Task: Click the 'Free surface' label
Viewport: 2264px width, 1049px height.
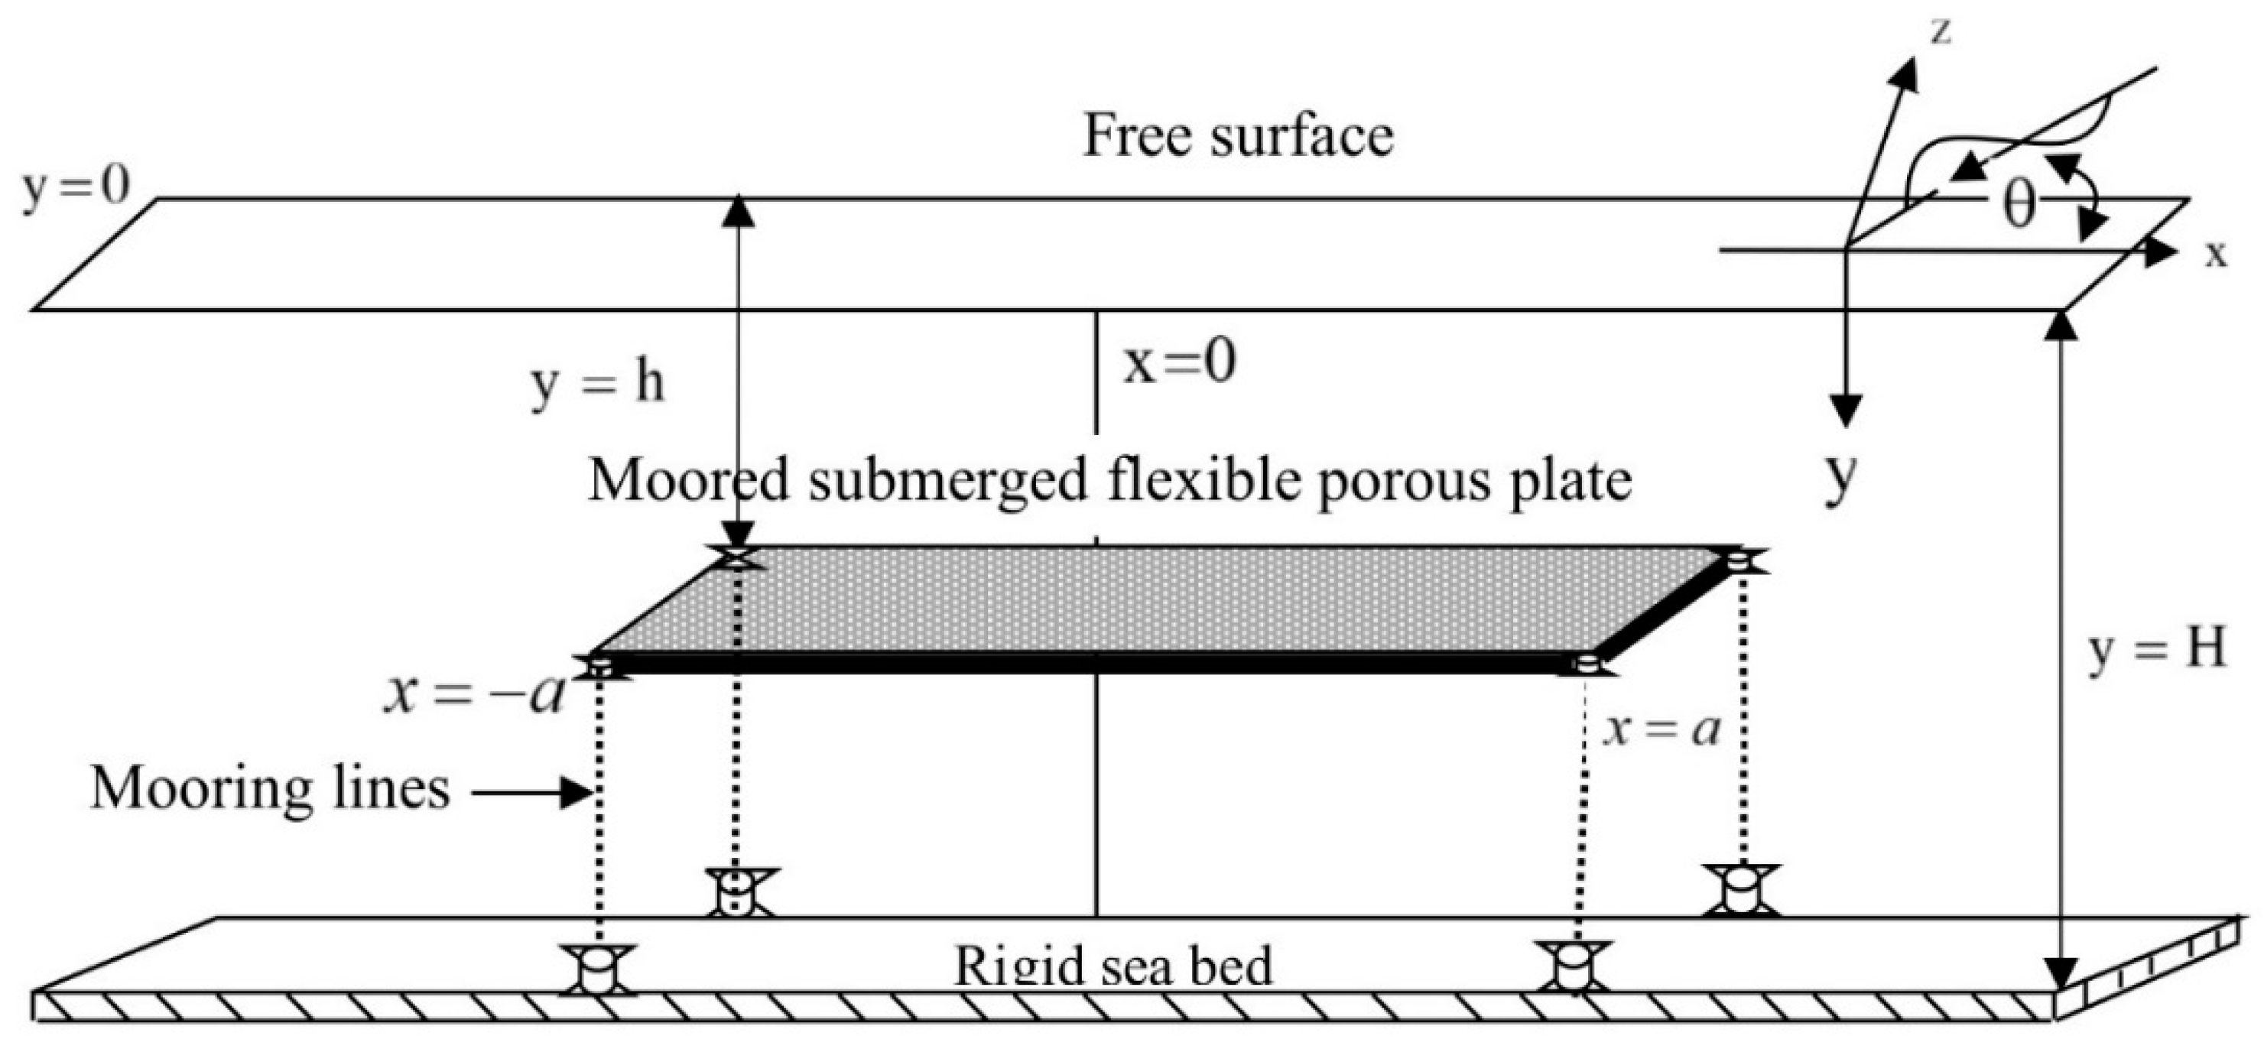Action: pos(1237,138)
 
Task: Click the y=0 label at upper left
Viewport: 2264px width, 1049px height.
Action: pos(76,188)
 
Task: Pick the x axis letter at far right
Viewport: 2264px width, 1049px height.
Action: pos(2216,254)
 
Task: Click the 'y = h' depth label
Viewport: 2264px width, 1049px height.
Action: pos(598,384)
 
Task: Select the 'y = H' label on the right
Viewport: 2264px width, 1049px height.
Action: pos(2157,651)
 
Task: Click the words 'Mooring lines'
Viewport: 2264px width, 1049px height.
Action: pos(271,788)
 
